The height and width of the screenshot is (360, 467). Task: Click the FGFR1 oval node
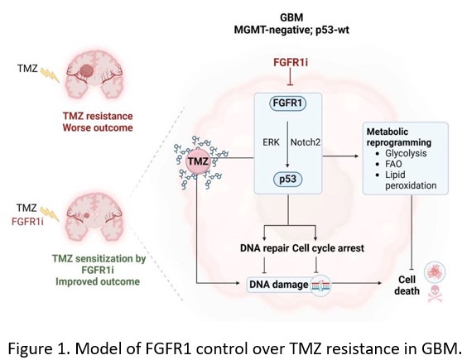pos(287,103)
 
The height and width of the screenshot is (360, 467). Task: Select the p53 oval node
pos(287,179)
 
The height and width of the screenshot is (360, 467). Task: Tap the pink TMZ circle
pos(198,161)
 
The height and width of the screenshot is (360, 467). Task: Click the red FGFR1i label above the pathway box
pos(291,63)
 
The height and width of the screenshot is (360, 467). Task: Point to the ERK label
pos(271,142)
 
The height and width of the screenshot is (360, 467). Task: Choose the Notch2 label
pos(306,142)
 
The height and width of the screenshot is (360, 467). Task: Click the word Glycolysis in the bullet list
pos(406,153)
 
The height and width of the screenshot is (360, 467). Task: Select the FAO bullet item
pos(393,164)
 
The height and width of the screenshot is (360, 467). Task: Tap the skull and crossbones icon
pos(435,294)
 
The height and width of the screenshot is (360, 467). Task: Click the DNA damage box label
pos(278,285)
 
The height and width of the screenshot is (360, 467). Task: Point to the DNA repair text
pos(264,248)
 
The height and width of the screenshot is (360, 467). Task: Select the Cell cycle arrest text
pos(328,248)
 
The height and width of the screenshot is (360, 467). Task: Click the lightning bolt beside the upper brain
pos(50,75)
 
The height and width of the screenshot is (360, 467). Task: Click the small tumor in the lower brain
pos(87,215)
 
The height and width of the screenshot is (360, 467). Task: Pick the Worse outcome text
pos(98,127)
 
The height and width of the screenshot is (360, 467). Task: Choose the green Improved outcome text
pos(98,281)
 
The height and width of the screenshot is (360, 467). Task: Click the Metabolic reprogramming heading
pos(399,137)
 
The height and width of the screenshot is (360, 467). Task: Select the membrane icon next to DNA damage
pos(320,286)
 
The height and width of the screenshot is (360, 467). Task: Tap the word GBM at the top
pos(291,17)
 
